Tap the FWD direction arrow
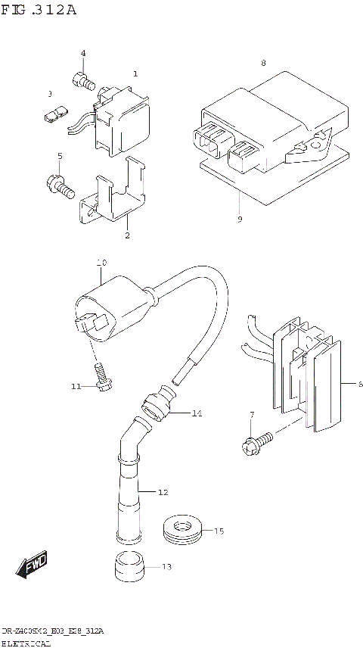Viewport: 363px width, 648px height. point(32,563)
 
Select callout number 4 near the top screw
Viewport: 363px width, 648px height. point(83,53)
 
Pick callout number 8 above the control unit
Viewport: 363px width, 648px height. point(263,63)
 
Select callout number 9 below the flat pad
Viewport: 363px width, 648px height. point(239,220)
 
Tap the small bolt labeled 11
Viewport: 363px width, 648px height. point(100,375)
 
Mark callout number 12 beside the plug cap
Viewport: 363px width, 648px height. point(162,493)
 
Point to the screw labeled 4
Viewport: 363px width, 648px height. point(82,77)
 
